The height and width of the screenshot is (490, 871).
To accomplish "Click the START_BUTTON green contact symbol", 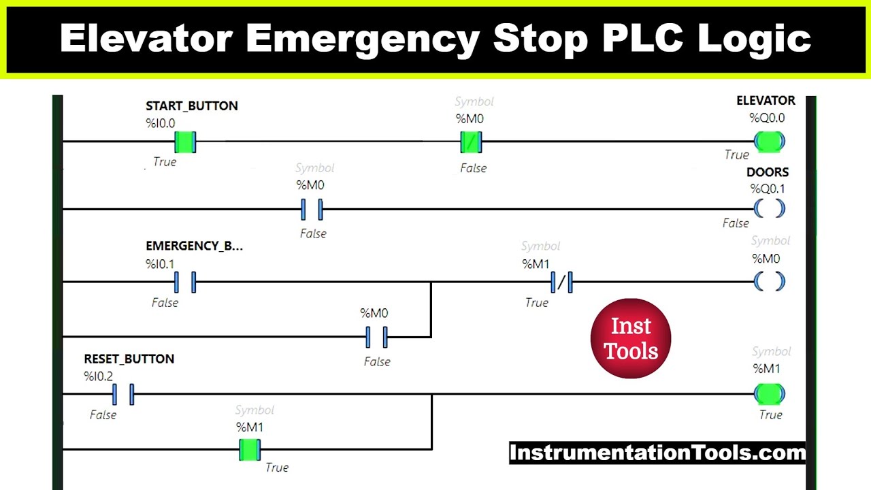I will click(x=185, y=142).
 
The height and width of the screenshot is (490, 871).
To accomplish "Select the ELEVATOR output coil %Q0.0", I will click(x=769, y=142).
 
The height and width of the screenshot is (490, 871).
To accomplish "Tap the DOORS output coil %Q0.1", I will click(x=769, y=209).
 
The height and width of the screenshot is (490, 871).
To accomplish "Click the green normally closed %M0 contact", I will click(x=471, y=142).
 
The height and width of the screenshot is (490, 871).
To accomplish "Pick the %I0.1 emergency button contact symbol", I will click(x=184, y=282).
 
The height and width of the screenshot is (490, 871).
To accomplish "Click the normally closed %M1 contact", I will click(x=561, y=282).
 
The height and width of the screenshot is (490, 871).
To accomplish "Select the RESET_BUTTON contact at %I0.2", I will click(x=123, y=394).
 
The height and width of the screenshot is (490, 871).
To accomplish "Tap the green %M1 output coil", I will click(x=769, y=393).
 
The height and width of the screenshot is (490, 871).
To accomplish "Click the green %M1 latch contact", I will click(x=250, y=450).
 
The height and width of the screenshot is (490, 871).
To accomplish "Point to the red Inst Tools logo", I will click(x=631, y=338).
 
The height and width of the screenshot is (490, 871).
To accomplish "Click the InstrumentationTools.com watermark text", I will click(x=657, y=453).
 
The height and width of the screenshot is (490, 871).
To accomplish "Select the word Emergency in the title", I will click(x=363, y=39).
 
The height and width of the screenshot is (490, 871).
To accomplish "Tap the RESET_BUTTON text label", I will click(x=129, y=359).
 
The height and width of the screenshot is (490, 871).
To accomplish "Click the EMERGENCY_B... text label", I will click(x=194, y=246).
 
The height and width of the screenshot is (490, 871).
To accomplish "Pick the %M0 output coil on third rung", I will click(x=769, y=282).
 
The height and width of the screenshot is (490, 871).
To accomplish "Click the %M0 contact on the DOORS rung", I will click(x=312, y=210).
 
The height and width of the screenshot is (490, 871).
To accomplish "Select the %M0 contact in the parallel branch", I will click(x=376, y=337).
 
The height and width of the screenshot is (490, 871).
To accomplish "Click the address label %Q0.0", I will click(x=767, y=118).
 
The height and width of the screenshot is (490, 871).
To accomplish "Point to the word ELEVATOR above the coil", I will click(x=766, y=101).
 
